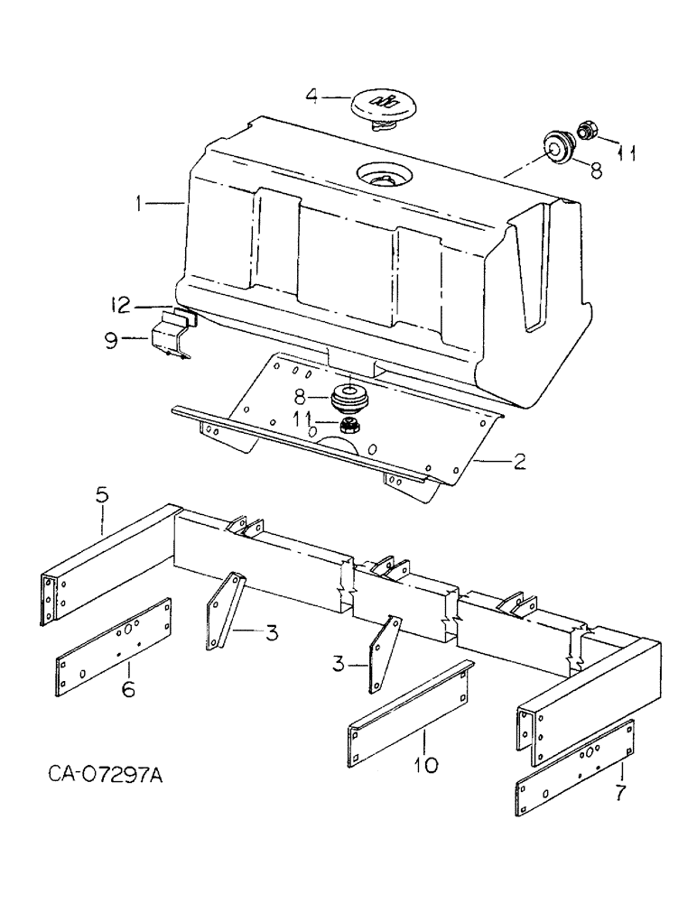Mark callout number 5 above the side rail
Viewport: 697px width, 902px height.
click(102, 495)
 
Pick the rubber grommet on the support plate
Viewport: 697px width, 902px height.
click(347, 397)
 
